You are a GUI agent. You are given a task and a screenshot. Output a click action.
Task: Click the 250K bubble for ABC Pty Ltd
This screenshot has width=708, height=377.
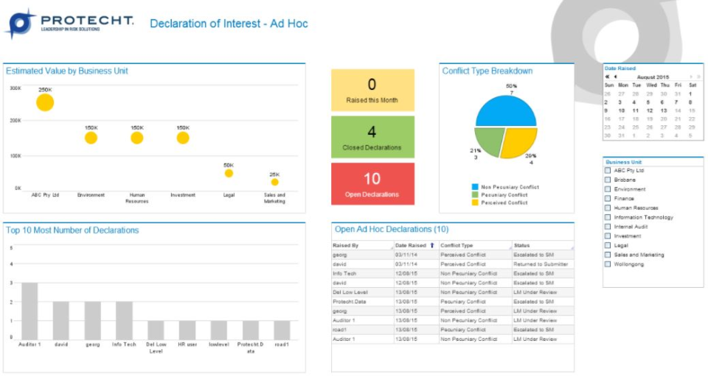(x=45, y=102)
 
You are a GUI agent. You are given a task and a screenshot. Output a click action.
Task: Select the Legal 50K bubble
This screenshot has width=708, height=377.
(x=229, y=173)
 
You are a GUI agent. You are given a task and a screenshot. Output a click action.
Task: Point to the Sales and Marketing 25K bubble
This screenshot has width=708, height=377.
(x=274, y=182)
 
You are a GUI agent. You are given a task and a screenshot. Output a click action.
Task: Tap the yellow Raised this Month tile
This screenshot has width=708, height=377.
(x=372, y=91)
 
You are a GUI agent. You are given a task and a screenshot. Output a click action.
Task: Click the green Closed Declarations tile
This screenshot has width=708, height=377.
(x=372, y=137)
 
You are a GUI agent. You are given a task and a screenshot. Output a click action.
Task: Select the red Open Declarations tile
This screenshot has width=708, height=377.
(x=372, y=184)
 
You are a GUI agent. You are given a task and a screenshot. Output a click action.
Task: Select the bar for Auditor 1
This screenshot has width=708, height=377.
(x=29, y=310)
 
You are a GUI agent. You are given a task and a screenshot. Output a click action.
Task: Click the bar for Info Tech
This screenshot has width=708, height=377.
(x=124, y=320)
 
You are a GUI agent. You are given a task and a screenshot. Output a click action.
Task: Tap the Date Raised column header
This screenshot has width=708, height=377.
(x=411, y=245)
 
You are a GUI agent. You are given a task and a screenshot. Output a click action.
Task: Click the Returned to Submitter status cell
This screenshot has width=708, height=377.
(x=541, y=264)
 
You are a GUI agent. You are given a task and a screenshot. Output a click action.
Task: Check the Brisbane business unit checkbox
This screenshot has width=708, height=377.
(x=608, y=180)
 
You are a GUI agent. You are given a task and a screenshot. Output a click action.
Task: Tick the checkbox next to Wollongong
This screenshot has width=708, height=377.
(x=608, y=264)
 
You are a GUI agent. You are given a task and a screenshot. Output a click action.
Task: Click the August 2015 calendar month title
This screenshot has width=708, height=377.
(x=652, y=77)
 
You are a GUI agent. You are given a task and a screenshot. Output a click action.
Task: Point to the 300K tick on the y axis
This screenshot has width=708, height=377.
(x=15, y=88)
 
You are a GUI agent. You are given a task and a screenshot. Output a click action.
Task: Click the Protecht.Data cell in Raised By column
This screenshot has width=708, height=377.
(x=350, y=301)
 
